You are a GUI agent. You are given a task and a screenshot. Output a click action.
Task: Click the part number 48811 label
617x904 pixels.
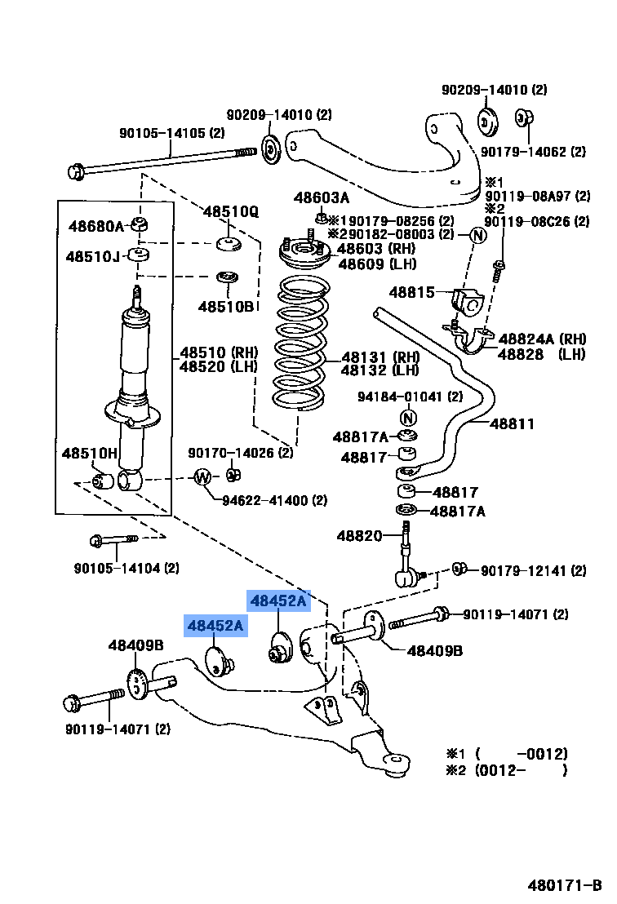click(x=512, y=423)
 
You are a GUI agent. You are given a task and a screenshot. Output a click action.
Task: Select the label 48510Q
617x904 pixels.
click(x=230, y=212)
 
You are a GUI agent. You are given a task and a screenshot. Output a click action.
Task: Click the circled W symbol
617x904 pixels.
click(x=202, y=477)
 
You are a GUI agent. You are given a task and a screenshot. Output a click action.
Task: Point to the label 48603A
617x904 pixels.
click(x=321, y=198)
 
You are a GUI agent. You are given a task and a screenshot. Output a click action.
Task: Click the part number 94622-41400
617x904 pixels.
click(x=274, y=500)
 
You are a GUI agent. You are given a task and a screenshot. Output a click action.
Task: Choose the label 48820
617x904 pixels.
click(x=359, y=536)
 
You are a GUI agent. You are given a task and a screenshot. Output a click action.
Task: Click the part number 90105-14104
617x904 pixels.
click(x=126, y=568)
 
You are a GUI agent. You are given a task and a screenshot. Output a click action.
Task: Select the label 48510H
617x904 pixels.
click(x=90, y=454)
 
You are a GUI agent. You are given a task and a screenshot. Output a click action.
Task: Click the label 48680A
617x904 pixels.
click(x=95, y=227)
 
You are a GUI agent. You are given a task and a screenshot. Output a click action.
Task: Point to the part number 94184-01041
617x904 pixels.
click(x=410, y=397)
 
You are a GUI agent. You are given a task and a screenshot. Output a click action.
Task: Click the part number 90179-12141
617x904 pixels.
click(x=532, y=571)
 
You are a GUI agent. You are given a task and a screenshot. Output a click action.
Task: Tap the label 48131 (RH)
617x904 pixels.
click(x=380, y=357)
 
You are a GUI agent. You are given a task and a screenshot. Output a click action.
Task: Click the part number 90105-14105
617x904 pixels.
click(x=171, y=133)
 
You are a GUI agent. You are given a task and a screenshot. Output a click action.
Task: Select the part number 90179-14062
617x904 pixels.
click(x=533, y=151)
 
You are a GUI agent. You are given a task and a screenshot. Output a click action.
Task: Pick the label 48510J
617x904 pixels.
click(x=93, y=257)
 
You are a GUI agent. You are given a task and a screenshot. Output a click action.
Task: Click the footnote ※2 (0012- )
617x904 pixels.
click(x=506, y=769)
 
